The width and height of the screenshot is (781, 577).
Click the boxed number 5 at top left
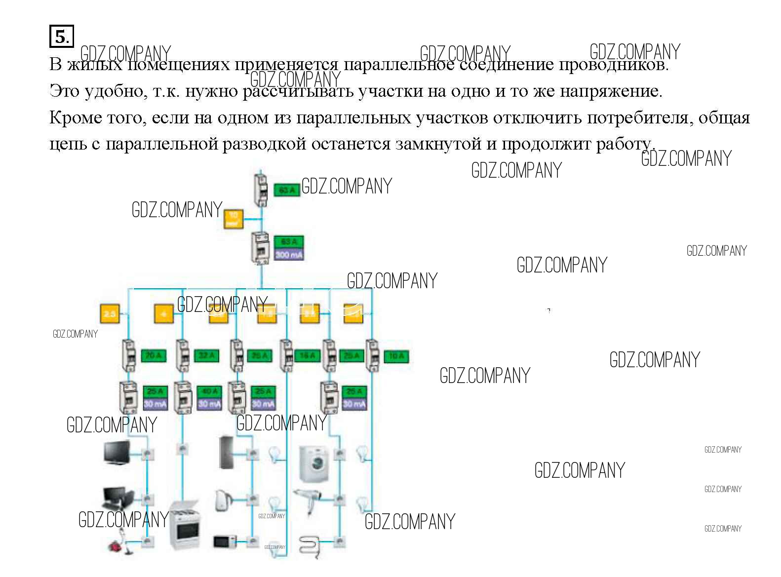pyautogui.click(x=61, y=37)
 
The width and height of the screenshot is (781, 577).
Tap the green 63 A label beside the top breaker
pyautogui.click(x=287, y=190)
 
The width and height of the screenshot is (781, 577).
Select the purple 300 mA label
pyautogui.click(x=289, y=255)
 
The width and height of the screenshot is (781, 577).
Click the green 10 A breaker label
pyautogui.click(x=396, y=356)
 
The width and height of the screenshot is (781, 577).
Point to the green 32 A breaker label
pyautogui.click(x=206, y=355)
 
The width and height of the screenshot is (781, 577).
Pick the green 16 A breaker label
pyautogui.click(x=307, y=355)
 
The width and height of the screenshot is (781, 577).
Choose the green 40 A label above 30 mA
pyautogui.click(x=209, y=391)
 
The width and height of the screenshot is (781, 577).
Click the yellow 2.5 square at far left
pyautogui.click(x=110, y=313)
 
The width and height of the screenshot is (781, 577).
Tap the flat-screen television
pyautogui.click(x=117, y=453)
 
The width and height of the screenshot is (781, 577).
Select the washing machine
pyautogui.click(x=314, y=463)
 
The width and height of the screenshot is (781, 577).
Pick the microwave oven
pyautogui.click(x=225, y=541)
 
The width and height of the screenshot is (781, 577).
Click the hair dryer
pyautogui.click(x=308, y=499)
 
